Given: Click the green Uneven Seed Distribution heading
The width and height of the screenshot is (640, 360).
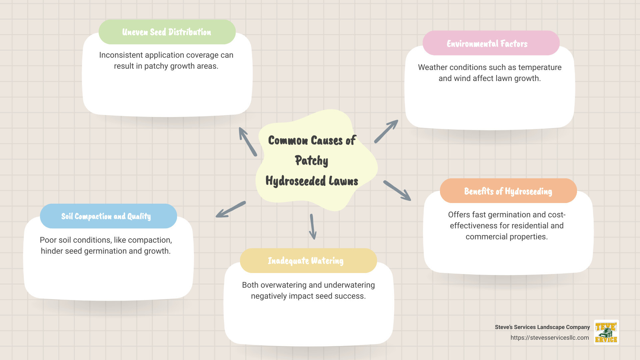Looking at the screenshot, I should coord(167,32).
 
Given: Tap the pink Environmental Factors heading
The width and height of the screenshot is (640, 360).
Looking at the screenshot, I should coord(487,44).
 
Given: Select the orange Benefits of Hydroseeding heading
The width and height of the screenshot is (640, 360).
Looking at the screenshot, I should coord(508,191).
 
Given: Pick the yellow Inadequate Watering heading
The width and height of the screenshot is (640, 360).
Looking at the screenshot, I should coord(306,261).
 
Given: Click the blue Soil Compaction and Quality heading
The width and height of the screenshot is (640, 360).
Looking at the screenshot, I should coord(106,216).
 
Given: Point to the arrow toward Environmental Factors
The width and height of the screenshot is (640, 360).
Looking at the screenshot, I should coord(386,131).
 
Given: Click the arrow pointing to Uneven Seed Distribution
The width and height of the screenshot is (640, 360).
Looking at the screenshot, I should coord(248,142).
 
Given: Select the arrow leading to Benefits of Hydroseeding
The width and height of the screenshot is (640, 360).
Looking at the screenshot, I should coord(397,191).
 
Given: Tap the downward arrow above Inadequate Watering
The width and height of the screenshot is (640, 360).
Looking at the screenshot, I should coord(312,227).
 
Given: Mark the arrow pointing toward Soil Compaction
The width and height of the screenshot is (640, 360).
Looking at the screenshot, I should coord(231,209).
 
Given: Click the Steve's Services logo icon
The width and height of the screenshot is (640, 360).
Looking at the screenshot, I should coord(606,332).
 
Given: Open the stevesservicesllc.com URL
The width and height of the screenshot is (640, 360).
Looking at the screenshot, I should coord(550,338).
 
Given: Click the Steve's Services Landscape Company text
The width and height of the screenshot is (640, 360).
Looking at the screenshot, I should coord(542,327).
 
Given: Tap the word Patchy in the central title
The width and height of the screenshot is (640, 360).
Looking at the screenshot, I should coord(312,161).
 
